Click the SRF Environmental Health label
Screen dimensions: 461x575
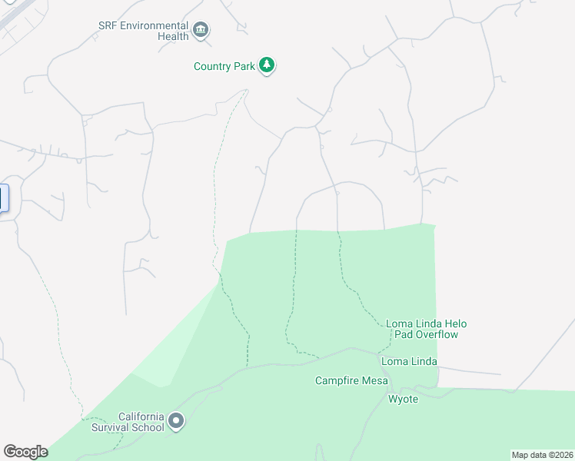pos(144,31)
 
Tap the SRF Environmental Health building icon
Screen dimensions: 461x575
pos(201,31)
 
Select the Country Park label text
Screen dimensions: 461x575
pos(224,66)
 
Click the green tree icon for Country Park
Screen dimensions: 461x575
pos(267,65)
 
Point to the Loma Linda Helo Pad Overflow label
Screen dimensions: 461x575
pos(426,329)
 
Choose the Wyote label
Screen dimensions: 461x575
pos(403,399)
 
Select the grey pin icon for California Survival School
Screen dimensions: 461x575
pos(177,421)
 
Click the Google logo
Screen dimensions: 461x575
pos(25,452)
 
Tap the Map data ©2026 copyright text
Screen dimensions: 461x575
pos(542,455)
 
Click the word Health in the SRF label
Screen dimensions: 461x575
pos(173,36)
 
